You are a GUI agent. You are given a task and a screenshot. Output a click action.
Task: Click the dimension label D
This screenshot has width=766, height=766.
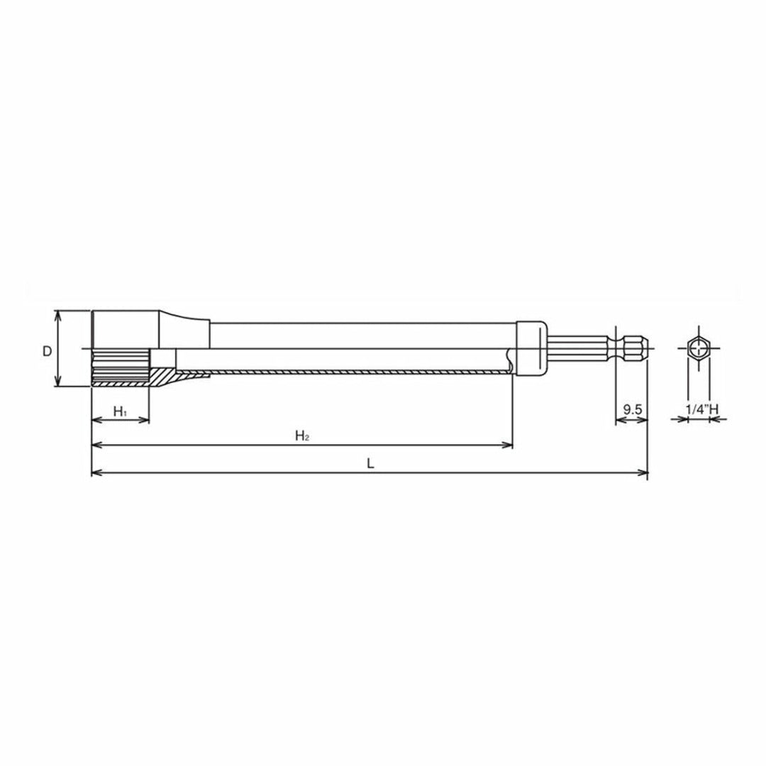click(x=47, y=351)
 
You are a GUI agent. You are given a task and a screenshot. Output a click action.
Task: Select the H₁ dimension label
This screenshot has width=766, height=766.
click(x=120, y=411)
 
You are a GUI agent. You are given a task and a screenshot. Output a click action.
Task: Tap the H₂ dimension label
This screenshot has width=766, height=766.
click(x=302, y=435)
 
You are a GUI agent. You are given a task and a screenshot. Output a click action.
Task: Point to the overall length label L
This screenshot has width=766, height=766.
click(x=370, y=463)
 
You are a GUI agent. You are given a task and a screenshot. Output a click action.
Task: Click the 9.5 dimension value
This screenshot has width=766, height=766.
click(x=632, y=409)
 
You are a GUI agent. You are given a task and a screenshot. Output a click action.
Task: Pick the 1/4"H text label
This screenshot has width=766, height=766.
click(x=702, y=409)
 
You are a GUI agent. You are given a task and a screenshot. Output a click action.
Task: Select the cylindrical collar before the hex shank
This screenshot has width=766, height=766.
click(x=532, y=348)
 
